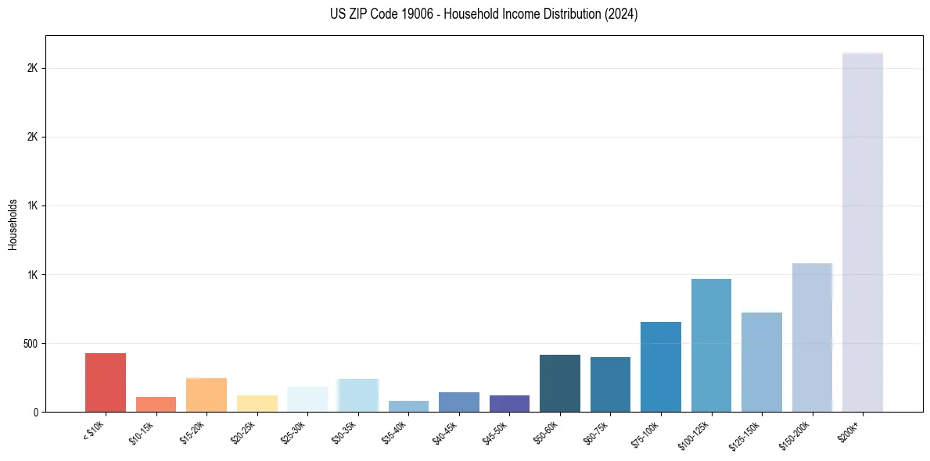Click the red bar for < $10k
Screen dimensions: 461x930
[106, 382]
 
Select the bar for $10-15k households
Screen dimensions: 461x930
[156, 404]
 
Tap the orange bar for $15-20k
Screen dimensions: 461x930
[206, 395]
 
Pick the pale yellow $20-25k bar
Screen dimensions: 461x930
[257, 403]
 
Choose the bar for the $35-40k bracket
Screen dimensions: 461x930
[408, 406]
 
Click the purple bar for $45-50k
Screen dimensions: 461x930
[509, 403]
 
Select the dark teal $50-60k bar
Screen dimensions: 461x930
[560, 383]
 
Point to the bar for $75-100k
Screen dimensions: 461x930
[661, 366]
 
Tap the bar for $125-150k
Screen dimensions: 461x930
[762, 362]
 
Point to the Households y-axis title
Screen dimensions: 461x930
[13, 223]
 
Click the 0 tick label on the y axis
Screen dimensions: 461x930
[36, 413]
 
